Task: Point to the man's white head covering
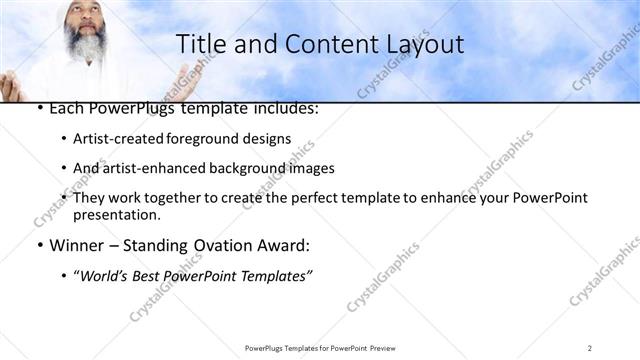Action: click(84, 8)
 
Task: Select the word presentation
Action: click(116, 215)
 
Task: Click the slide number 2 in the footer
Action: click(590, 348)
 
